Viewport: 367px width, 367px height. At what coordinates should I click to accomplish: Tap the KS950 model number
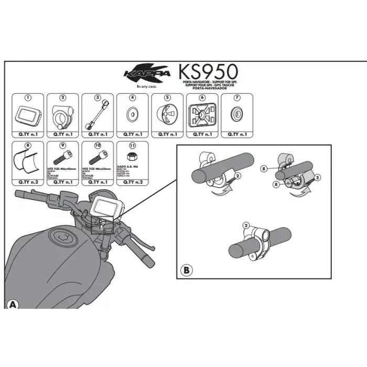208,72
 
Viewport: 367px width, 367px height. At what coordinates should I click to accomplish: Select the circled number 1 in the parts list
28,98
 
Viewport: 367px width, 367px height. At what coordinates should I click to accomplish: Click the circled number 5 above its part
167,98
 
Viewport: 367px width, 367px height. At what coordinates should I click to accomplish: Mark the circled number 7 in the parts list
236,98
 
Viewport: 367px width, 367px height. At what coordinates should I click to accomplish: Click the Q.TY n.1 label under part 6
202,134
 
